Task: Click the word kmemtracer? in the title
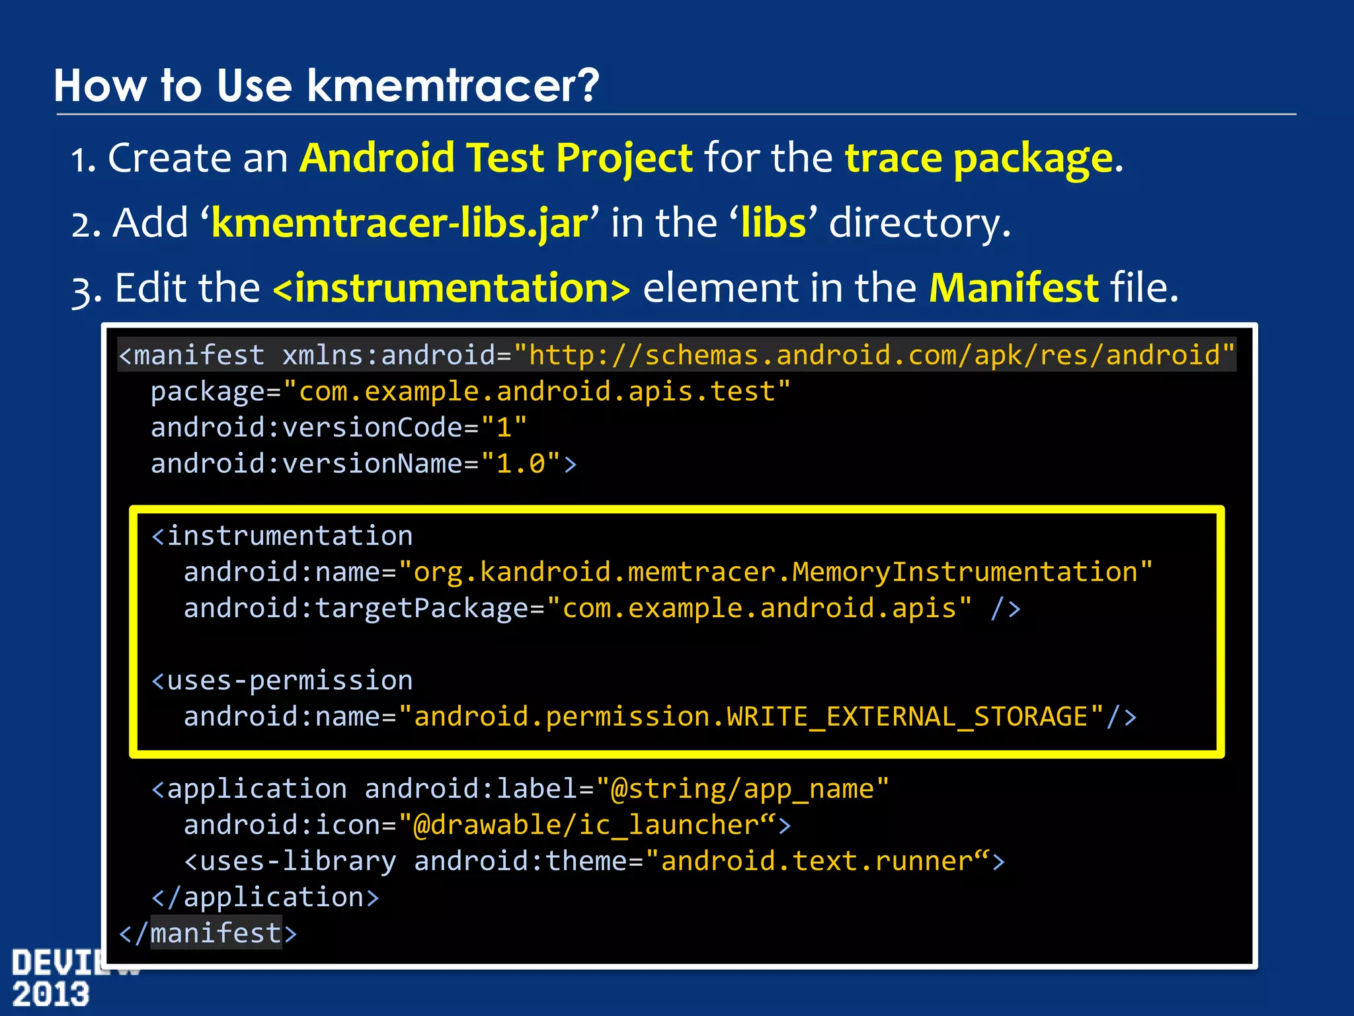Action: tap(453, 86)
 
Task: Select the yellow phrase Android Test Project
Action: tap(496, 159)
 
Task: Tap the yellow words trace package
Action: tap(979, 159)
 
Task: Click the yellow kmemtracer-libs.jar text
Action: tap(399, 223)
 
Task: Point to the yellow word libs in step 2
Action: tap(774, 223)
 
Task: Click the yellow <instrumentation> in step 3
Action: tap(452, 288)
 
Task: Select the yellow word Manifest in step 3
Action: tap(1014, 288)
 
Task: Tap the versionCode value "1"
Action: tap(504, 427)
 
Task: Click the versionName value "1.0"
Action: tap(521, 464)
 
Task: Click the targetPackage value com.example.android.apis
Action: tap(759, 609)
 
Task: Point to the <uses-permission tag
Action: tap(282, 681)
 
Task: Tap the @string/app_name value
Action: tap(742, 789)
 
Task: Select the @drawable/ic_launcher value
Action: tap(586, 825)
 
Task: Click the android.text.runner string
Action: tap(817, 861)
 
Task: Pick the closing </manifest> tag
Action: tap(208, 933)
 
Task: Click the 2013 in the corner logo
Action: tap(50, 994)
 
